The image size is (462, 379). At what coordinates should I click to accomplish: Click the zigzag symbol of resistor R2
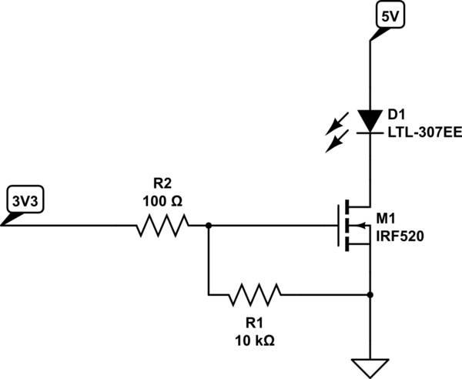[x=162, y=226]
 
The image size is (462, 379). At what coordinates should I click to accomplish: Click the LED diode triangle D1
[x=370, y=120]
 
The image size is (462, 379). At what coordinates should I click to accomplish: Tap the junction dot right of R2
[x=208, y=226]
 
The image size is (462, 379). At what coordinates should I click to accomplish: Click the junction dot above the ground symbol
[x=370, y=294]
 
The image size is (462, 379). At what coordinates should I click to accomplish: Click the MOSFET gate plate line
[x=340, y=226]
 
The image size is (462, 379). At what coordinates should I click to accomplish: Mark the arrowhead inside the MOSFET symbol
[x=356, y=226]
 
